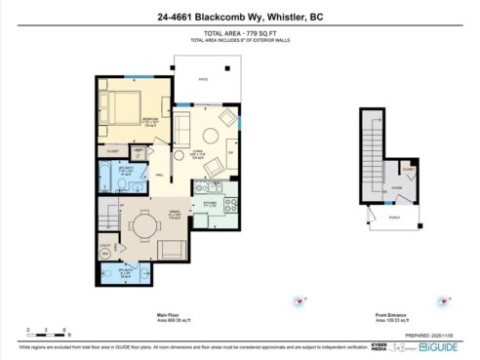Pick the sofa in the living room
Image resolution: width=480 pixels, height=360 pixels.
click(x=181, y=125)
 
